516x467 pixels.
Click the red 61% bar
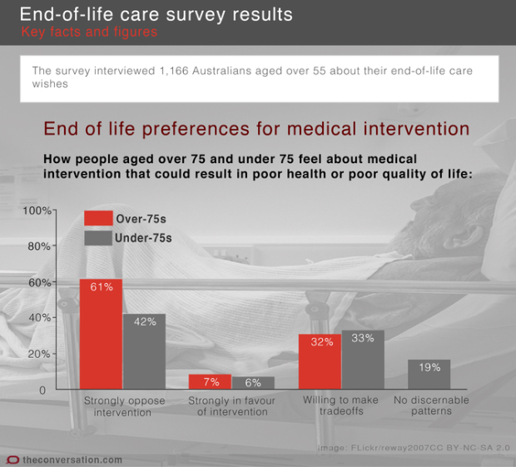[x=101, y=333]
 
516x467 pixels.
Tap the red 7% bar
[x=210, y=382]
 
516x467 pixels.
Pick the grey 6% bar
[x=253, y=383]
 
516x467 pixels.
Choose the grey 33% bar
[x=363, y=360]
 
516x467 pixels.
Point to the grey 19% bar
[x=429, y=375]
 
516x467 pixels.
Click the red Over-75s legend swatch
[x=97, y=218]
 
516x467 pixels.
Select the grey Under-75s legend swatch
[x=97, y=237]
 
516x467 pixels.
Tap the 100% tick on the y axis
[x=37, y=211]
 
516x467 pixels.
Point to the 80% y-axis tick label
[x=39, y=246]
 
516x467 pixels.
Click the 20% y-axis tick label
[x=39, y=354]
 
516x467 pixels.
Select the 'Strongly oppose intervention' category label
[x=124, y=406]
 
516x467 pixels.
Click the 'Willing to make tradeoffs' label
[x=340, y=406]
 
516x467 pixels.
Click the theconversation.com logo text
[x=72, y=460]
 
